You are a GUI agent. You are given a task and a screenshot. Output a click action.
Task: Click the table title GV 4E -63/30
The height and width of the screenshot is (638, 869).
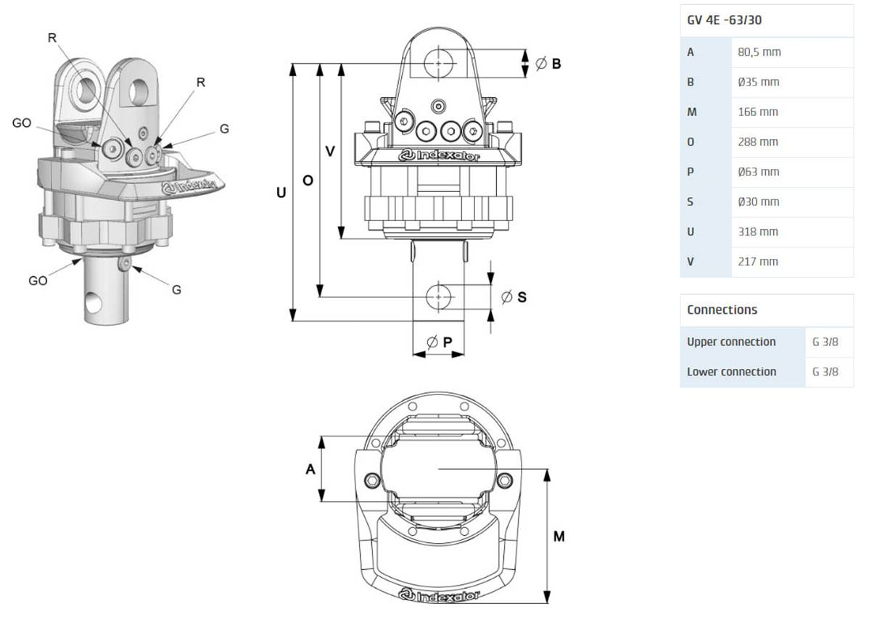click(x=724, y=20)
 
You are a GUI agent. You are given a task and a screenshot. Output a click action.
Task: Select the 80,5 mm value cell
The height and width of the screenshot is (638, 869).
click(x=759, y=52)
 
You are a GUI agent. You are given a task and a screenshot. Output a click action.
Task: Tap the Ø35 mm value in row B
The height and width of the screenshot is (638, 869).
click(x=758, y=82)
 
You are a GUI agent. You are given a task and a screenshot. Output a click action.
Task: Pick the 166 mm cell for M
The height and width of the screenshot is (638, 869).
click(x=757, y=112)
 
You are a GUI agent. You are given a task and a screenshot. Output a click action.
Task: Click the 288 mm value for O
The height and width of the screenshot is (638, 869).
click(x=757, y=142)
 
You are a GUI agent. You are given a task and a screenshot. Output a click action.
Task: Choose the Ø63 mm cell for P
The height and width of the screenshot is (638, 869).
click(x=758, y=172)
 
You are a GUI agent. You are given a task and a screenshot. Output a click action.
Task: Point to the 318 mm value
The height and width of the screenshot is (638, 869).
click(x=757, y=232)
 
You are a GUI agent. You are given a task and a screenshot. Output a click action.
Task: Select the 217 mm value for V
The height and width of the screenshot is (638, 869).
click(x=757, y=262)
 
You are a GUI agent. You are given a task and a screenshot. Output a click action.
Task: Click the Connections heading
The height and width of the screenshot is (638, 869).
click(x=722, y=310)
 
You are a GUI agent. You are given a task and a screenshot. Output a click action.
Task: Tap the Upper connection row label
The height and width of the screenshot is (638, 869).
click(x=731, y=341)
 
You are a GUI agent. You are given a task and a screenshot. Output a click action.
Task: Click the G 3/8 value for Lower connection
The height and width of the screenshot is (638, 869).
click(x=825, y=372)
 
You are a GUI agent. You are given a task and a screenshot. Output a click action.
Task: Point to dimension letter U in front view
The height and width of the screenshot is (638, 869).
click(x=281, y=193)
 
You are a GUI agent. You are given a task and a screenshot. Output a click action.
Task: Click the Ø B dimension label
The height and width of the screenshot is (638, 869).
click(x=548, y=64)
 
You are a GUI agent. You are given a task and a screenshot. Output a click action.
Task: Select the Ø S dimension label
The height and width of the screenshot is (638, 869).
click(x=514, y=297)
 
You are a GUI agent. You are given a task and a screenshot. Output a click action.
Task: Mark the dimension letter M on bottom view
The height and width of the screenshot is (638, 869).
click(x=559, y=536)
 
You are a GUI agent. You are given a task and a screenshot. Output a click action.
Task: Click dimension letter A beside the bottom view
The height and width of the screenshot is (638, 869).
click(x=310, y=469)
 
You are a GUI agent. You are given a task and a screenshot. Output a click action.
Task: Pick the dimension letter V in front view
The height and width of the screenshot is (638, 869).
click(x=330, y=151)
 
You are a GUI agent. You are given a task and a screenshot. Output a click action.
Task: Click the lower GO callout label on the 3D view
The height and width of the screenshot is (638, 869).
click(x=38, y=281)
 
